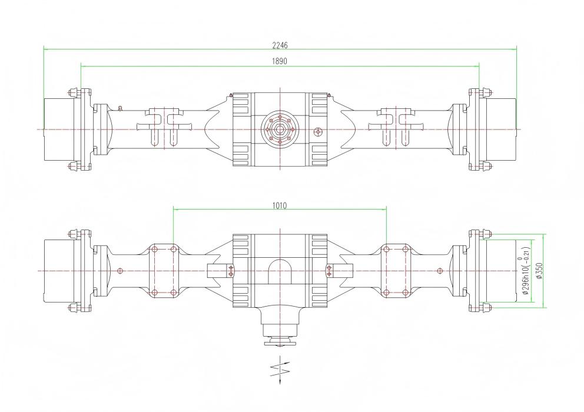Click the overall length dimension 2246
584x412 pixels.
pos(280,45)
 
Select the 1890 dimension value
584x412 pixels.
pos(280,61)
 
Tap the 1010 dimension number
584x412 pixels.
pos(280,206)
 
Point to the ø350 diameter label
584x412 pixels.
pos(539,271)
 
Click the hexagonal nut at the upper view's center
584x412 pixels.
pos(280,129)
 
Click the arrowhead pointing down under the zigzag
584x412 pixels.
pos(279,384)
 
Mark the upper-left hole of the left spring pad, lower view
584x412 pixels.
pos(154,250)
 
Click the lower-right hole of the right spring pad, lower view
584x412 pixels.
pos(405,292)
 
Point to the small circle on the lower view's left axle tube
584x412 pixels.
pos(120,271)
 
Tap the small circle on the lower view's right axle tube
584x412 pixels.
pos(440,271)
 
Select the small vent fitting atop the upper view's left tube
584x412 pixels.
pos(120,107)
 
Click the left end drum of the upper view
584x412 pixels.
pos(59,129)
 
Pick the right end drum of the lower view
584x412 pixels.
pos(499,271)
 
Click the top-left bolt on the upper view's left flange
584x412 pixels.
pos(72,92)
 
